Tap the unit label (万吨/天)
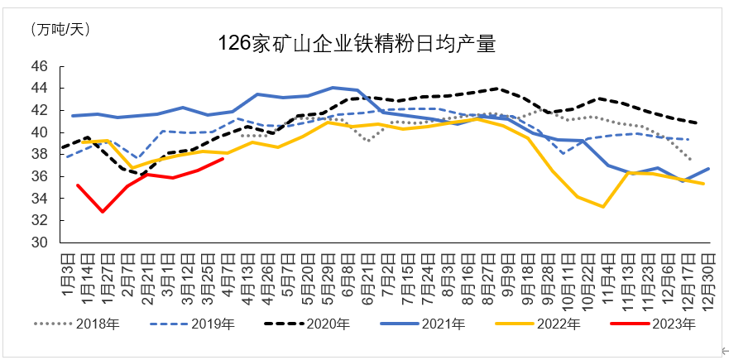pyautogui.click(x=60, y=29)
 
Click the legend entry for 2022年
pyautogui.click(x=559, y=324)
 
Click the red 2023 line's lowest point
pyautogui.click(x=103, y=212)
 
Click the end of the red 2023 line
pyautogui.click(x=223, y=158)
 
